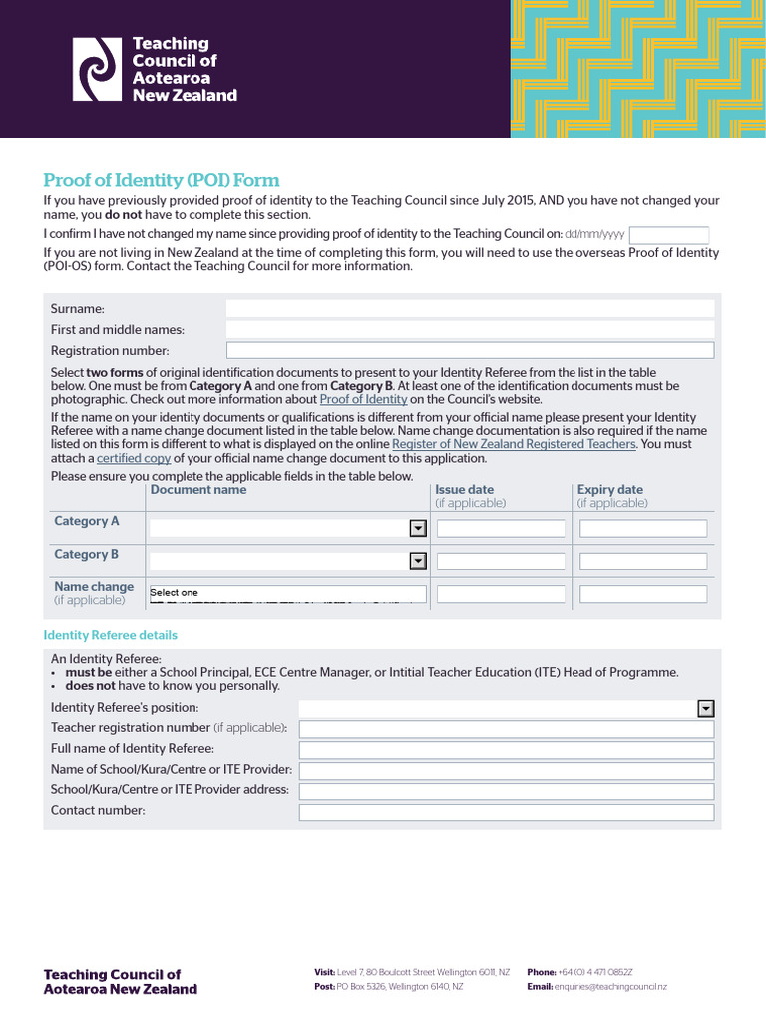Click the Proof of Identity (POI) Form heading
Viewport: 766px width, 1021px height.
[x=161, y=180]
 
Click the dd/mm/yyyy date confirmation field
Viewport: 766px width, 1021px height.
[x=669, y=235]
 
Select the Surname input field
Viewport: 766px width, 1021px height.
[x=470, y=309]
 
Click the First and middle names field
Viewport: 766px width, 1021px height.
[x=470, y=330]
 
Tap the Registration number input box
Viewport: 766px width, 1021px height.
[x=470, y=350]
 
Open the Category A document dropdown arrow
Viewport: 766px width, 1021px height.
[x=418, y=529]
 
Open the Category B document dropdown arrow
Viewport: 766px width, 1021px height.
[x=418, y=562]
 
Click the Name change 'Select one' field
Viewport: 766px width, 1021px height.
[x=287, y=594]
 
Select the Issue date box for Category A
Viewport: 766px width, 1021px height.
[x=501, y=529]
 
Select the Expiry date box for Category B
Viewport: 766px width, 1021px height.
[x=643, y=562]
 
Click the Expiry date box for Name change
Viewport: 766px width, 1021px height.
[x=643, y=594]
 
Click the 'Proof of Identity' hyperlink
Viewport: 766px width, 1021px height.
[x=363, y=399]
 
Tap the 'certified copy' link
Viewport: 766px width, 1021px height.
[x=133, y=459]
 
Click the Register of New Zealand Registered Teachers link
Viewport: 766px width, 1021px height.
[x=514, y=444]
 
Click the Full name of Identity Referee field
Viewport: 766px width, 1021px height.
[x=507, y=750]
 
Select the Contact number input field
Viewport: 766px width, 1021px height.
[x=507, y=812]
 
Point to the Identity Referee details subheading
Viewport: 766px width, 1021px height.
[x=111, y=635]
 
